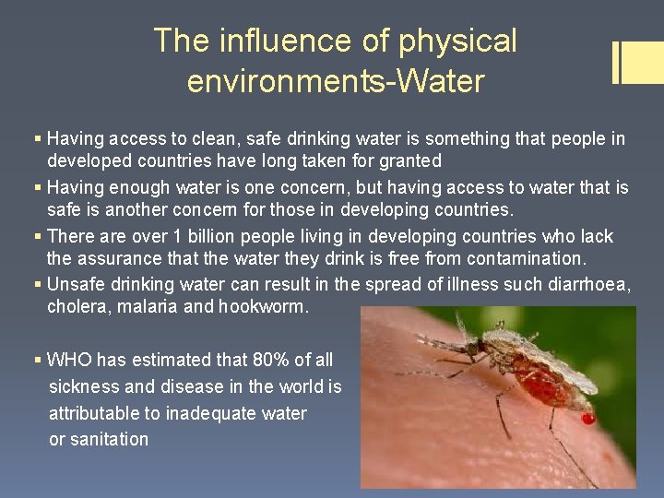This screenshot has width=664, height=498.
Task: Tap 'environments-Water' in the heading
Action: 335,81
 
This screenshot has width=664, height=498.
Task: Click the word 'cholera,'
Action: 80,306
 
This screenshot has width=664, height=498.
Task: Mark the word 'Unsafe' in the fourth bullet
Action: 77,284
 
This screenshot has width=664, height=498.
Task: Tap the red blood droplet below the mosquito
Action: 587,419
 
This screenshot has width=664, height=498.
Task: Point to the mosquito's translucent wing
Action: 563,364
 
